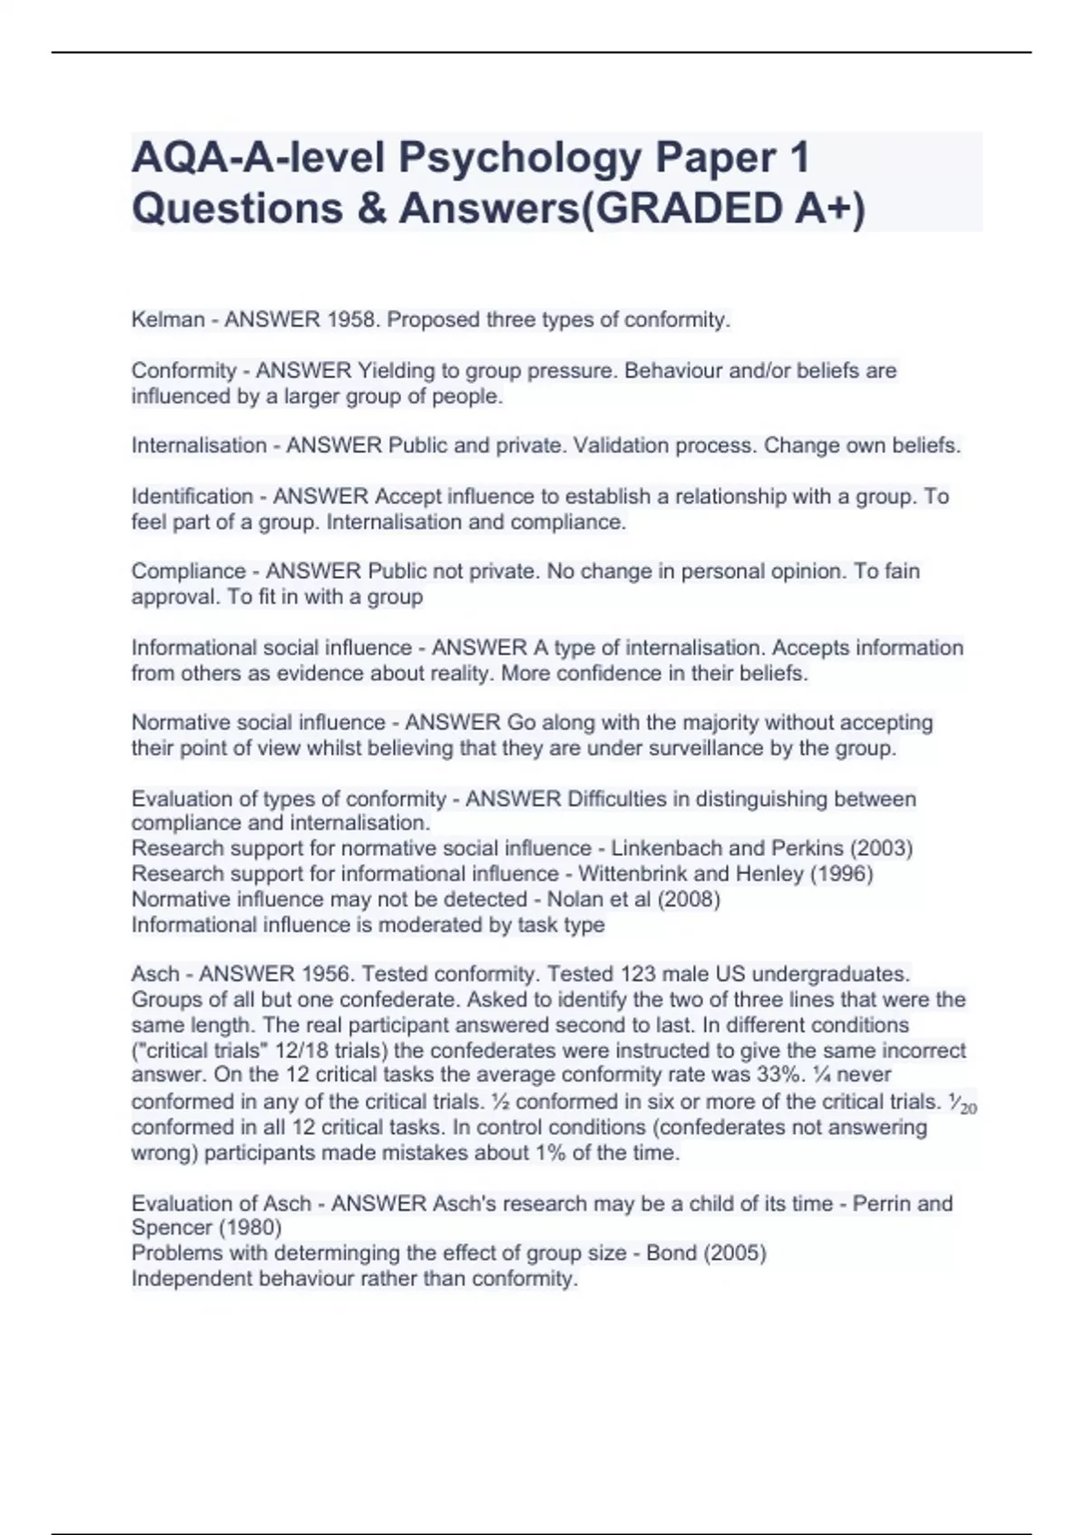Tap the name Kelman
pyautogui.click(x=168, y=320)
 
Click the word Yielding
pyautogui.click(x=397, y=370)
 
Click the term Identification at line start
pyautogui.click(x=192, y=496)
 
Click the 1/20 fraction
pyautogui.click(x=963, y=1102)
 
